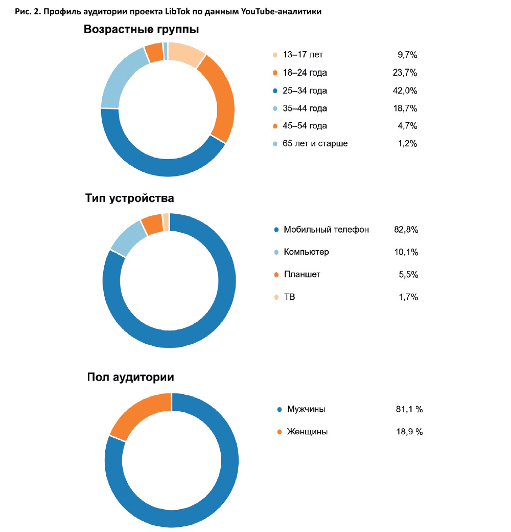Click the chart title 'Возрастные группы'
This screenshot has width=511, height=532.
click(142, 30)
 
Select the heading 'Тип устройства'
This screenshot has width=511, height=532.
click(129, 198)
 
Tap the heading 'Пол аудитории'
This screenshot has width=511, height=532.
click(130, 378)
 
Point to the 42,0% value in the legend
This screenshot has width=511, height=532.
click(405, 91)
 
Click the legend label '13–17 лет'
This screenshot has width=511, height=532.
click(303, 55)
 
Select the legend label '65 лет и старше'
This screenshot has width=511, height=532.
click(315, 144)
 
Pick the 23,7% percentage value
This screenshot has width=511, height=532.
click(405, 73)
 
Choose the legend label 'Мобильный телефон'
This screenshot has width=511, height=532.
click(327, 230)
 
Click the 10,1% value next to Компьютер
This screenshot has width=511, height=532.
click(406, 252)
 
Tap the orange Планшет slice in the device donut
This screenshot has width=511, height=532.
click(152, 224)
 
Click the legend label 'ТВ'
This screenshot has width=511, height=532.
click(289, 297)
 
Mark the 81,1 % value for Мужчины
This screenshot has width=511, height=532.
click(409, 409)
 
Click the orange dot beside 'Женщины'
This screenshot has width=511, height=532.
click(279, 432)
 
